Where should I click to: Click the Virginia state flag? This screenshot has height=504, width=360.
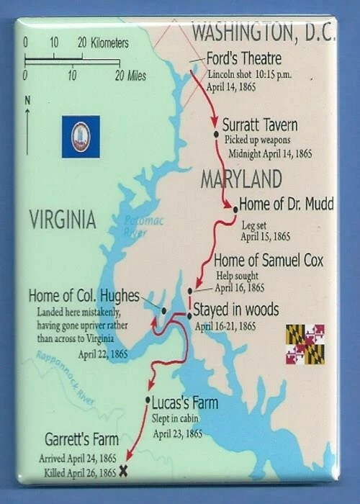tap(81, 137)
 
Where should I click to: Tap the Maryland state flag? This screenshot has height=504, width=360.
tap(305, 343)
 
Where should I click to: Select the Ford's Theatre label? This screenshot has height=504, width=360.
tap(243, 58)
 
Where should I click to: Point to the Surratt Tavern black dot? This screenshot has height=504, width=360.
tap(215, 134)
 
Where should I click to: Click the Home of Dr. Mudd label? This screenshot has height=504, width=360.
tap(286, 204)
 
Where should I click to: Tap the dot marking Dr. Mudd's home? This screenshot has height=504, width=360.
tap(235, 209)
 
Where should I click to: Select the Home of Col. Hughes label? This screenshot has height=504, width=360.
tap(84, 296)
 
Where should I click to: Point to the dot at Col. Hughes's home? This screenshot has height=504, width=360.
tap(164, 310)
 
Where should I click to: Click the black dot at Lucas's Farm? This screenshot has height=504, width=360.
tap(148, 400)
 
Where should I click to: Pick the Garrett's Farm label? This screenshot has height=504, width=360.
tap(81, 439)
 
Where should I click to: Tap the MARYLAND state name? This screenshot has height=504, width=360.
tap(240, 178)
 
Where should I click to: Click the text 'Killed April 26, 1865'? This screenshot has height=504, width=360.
tap(78, 472)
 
